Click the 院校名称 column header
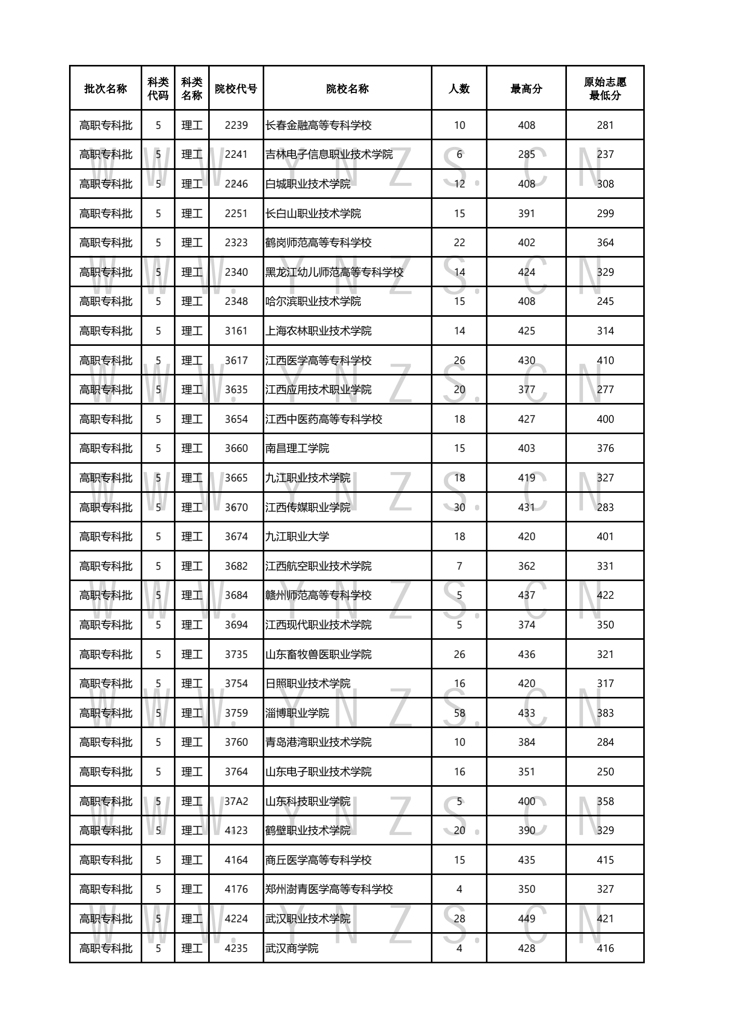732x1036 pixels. [347, 89]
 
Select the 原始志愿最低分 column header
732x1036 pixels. [605, 89]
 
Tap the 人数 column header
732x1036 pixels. [459, 89]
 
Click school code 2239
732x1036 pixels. [236, 125]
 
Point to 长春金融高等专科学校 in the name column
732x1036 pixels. [318, 125]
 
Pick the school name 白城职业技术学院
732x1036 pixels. [308, 184]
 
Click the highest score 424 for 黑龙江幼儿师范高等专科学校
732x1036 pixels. [526, 272]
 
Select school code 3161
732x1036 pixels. [236, 331]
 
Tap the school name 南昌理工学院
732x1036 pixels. [297, 448]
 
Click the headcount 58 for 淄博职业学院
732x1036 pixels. [459, 713]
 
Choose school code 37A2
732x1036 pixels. [236, 801]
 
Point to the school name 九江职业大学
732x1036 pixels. [297, 536]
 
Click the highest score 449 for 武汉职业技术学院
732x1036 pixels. [526, 919]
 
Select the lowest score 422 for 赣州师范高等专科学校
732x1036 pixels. [605, 595]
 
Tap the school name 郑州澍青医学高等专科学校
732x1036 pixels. [329, 889]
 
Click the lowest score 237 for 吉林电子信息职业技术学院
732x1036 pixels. [605, 154]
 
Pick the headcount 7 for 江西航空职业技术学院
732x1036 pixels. [459, 566]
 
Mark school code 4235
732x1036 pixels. [236, 948]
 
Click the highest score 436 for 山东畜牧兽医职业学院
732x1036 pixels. [526, 654]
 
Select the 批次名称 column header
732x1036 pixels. [105, 89]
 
